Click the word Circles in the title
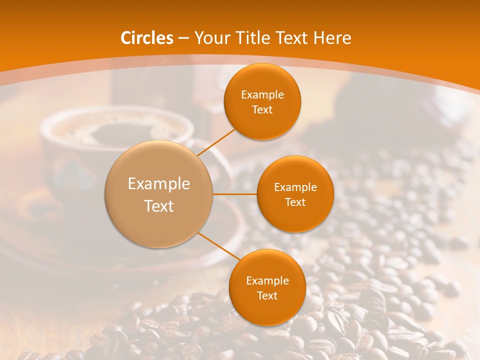(x=147, y=38)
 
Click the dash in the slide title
(x=183, y=38)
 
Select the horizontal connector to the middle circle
(x=235, y=194)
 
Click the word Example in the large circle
(x=159, y=184)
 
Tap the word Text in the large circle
(x=159, y=206)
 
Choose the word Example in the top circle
(x=262, y=95)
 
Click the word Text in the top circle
(x=262, y=110)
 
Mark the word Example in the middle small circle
(x=295, y=187)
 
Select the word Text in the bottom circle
(x=267, y=295)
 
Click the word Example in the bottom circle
(x=267, y=280)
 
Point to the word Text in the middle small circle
(x=295, y=202)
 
